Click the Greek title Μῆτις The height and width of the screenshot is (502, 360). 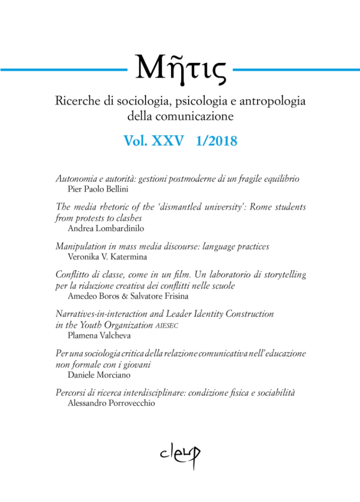pos(180,69)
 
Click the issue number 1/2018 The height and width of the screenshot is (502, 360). pos(216,142)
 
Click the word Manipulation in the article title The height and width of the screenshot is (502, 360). pos(78,247)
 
